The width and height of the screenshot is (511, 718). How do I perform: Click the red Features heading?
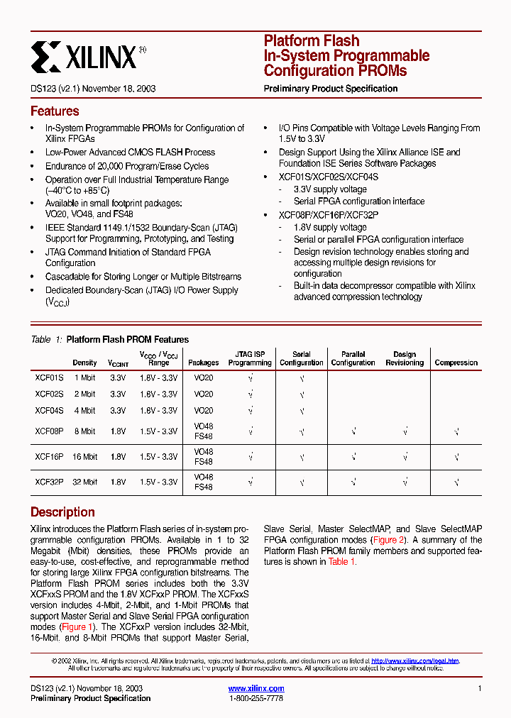tap(55, 111)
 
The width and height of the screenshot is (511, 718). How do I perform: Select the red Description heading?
tap(62, 512)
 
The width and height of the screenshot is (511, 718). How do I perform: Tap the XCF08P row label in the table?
tap(49, 431)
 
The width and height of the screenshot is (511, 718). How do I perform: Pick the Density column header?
tap(84, 363)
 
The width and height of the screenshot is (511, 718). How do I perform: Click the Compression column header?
tap(456, 363)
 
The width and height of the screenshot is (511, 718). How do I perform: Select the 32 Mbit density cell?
tap(84, 482)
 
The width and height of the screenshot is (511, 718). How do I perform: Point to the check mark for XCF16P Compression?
tap(456, 457)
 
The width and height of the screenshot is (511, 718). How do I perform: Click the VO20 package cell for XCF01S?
tap(203, 378)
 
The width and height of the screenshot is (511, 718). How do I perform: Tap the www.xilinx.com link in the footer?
tap(256, 688)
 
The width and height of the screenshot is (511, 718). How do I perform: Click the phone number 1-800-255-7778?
tap(256, 699)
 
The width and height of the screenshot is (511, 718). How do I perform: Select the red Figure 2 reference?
tap(390, 540)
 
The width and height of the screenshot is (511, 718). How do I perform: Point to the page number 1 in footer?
tap(480, 688)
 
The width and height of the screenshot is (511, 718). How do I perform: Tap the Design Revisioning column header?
tap(405, 358)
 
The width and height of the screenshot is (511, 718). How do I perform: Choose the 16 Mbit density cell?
tap(84, 457)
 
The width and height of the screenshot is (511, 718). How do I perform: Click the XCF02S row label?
tap(49, 394)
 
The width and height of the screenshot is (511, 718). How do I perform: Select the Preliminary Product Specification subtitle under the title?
tap(330, 89)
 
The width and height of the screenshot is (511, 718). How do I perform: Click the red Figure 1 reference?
tap(77, 627)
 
